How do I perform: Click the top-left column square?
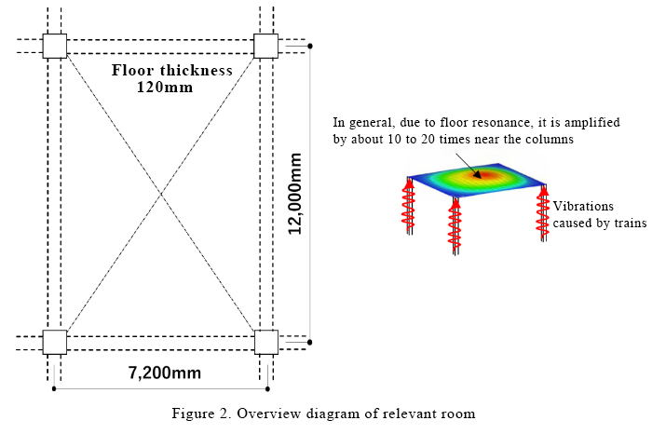pos(55,46)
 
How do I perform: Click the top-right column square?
pos(266,46)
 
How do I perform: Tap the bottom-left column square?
pos(55,342)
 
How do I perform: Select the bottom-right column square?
pos(266,342)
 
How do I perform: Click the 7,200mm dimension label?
pos(164,373)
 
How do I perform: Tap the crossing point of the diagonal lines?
pos(161,194)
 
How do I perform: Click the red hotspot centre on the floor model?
pos(483,173)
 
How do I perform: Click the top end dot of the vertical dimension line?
pos(310,45)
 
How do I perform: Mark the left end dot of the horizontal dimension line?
pos(55,388)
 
